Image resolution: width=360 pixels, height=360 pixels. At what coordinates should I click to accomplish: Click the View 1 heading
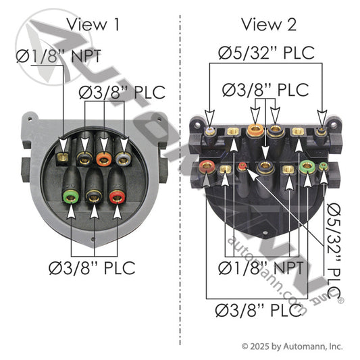point(93,24)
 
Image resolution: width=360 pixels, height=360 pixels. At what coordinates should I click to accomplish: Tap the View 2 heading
point(269,24)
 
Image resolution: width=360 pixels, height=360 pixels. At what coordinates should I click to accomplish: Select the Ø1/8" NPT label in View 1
point(59,55)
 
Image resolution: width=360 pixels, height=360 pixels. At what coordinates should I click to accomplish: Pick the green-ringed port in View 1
point(71,197)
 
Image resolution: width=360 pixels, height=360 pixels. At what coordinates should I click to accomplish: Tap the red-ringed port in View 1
point(117,197)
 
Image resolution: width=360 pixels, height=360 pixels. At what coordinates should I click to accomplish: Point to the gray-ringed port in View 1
point(124,159)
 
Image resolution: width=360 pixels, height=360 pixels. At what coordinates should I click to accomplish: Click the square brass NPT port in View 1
point(62,157)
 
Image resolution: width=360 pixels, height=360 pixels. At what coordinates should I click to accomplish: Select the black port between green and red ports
point(94,197)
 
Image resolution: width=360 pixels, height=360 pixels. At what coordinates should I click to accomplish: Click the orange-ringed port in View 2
point(255,130)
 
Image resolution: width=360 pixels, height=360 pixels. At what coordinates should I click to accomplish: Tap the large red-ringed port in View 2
point(207,166)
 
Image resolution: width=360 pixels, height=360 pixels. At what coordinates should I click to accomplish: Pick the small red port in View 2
point(242,166)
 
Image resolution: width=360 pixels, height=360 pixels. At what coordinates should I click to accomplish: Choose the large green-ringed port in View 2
point(307,167)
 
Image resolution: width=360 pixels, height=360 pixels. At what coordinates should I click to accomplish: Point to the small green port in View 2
point(323,166)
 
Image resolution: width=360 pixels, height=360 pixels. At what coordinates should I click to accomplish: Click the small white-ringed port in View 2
point(210,131)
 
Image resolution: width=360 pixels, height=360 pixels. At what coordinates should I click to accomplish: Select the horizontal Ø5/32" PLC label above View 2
point(266,53)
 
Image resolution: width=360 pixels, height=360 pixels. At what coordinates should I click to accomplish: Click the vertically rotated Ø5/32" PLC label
point(334,251)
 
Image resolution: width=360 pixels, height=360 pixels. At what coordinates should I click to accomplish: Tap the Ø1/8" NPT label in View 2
point(261,267)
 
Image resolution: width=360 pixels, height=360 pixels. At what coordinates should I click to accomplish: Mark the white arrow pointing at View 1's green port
point(71,211)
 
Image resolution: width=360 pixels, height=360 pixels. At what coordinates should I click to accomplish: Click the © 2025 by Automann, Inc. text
point(292,346)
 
